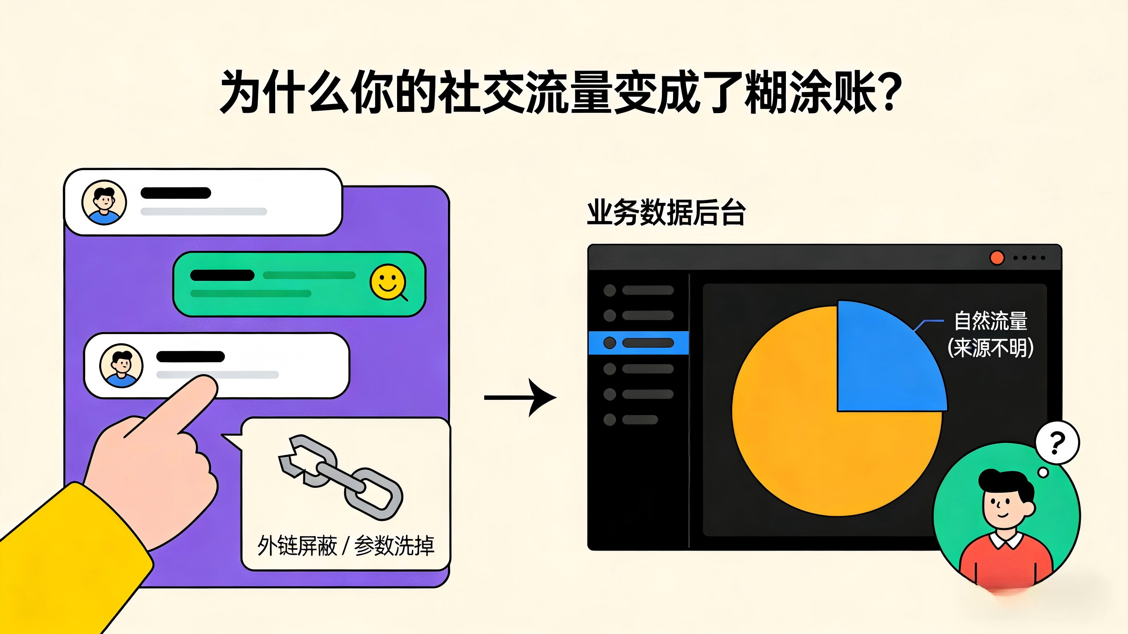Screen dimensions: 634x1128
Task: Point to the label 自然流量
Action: [990, 321]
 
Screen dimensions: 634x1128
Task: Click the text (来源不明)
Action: [990, 348]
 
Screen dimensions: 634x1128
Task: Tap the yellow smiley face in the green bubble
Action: [388, 282]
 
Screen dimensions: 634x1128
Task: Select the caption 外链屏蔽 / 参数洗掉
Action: [345, 546]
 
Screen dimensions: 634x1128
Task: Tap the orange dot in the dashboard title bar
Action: [997, 258]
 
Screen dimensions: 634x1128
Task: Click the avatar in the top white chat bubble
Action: [104, 202]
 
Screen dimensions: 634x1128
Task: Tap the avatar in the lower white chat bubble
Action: [121, 366]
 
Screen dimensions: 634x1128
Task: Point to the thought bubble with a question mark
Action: [1057, 443]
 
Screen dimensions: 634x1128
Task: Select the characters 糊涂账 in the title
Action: [810, 92]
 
